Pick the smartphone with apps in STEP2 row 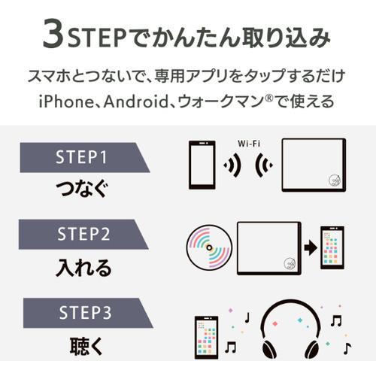pyautogui.click(x=332, y=247)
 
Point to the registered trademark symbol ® pyautogui.click(x=277, y=96)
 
